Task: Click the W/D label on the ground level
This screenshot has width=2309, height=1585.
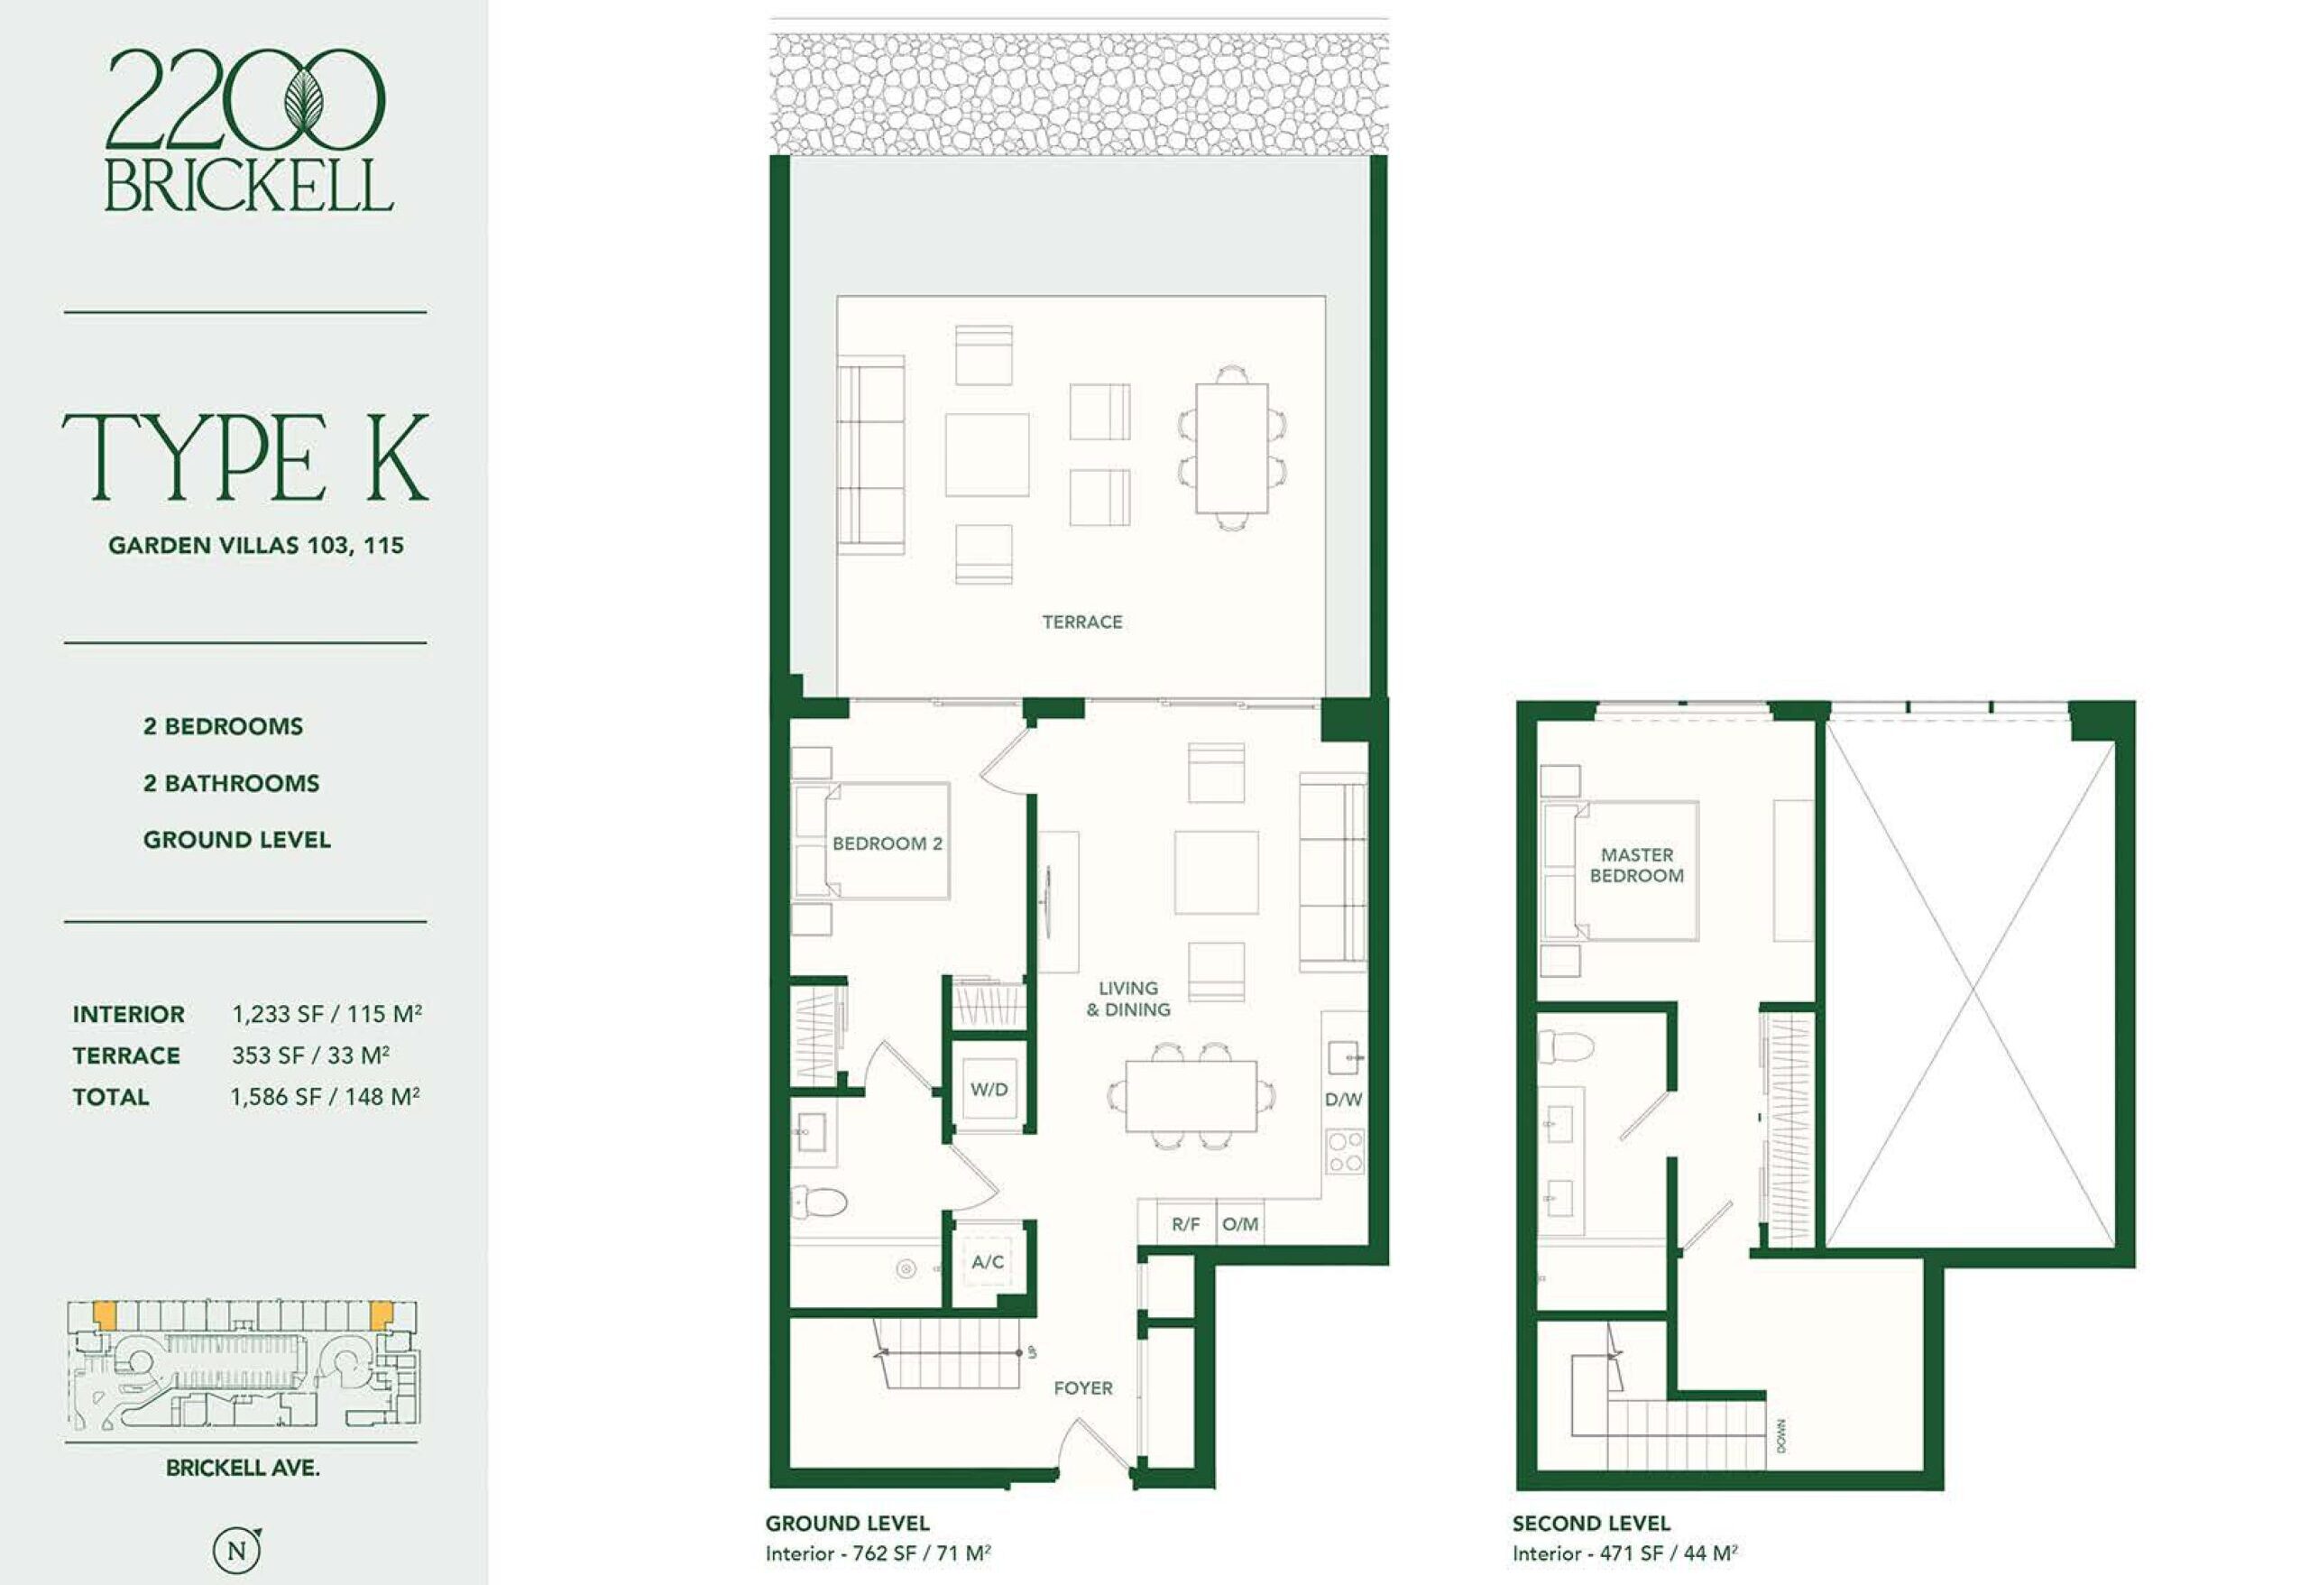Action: click(x=989, y=1089)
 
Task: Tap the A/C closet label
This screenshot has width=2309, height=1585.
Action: click(x=988, y=1262)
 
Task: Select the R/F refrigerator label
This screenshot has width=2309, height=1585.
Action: click(x=1185, y=1224)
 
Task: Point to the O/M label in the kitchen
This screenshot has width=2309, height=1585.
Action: click(x=1240, y=1224)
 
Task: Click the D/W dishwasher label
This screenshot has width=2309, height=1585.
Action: click(x=1343, y=1100)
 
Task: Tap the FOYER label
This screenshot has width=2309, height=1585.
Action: click(x=1083, y=1388)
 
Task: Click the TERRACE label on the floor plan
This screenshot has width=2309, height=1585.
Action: click(x=1082, y=622)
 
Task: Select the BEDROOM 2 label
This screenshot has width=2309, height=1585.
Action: click(x=888, y=843)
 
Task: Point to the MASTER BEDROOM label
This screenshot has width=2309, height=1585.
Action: click(x=1636, y=864)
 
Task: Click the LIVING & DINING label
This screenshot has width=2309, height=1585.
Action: click(x=1128, y=999)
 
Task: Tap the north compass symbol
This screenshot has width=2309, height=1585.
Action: click(x=237, y=1550)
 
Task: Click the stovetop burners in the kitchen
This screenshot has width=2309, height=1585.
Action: click(x=1345, y=1152)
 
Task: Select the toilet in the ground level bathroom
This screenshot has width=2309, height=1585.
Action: click(x=819, y=1203)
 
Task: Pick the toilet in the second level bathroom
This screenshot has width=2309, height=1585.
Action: click(x=1566, y=1046)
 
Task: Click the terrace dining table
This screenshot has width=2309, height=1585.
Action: click(x=1232, y=447)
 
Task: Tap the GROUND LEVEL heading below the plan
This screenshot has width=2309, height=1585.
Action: click(x=847, y=1524)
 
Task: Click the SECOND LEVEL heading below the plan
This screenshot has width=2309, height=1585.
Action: click(x=1591, y=1524)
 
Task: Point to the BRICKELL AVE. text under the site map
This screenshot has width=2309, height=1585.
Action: click(x=243, y=1468)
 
